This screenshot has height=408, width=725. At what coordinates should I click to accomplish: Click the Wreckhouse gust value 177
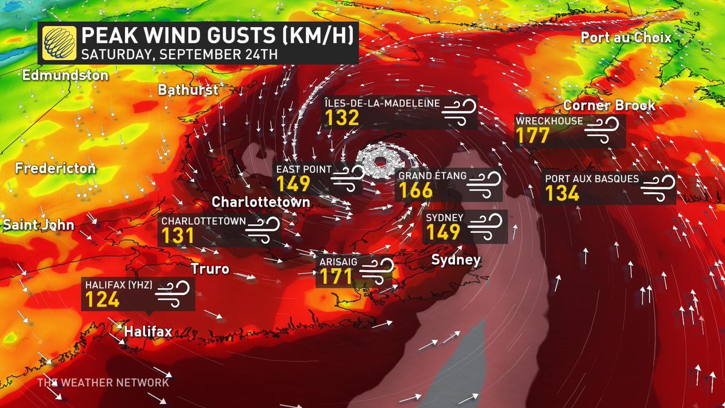532,135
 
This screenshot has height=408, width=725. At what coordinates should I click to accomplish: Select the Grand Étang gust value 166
415,191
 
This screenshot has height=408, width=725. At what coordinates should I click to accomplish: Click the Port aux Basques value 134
562,193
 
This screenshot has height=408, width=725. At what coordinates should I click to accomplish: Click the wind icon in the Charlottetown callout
264,230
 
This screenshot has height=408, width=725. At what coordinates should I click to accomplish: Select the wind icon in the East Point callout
348,176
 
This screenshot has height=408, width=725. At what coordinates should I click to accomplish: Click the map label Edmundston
65,76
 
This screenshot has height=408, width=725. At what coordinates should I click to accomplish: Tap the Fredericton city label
56,168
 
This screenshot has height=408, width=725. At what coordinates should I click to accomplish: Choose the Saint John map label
37,225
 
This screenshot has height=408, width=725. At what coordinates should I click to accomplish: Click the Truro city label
210,268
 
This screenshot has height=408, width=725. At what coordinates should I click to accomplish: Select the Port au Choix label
626,37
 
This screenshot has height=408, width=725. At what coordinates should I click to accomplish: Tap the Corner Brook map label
609,105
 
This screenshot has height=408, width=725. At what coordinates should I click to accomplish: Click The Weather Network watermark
103,383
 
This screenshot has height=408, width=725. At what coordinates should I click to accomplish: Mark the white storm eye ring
380,161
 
